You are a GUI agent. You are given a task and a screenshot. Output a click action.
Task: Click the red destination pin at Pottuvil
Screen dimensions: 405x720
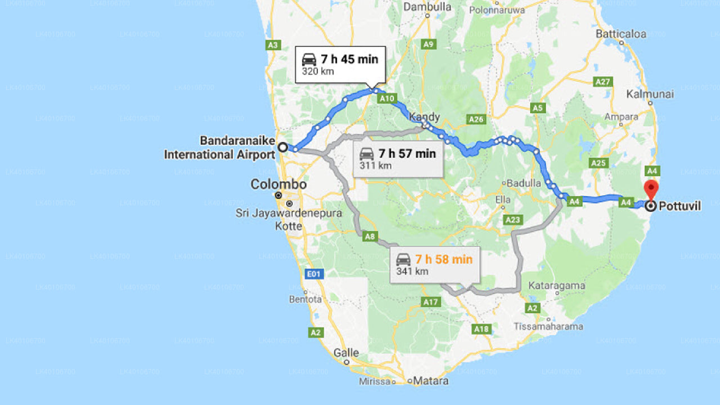click(651, 189)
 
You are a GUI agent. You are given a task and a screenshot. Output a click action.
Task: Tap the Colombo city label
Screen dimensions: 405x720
click(278, 184)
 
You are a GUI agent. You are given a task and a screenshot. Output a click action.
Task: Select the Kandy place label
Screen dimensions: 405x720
click(424, 117)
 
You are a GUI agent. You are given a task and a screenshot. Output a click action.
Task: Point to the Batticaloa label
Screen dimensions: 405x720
click(621, 34)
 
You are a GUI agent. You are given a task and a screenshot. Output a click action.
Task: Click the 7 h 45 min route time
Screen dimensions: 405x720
click(349, 59)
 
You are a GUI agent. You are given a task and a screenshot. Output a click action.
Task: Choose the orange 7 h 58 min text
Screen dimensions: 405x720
click(444, 259)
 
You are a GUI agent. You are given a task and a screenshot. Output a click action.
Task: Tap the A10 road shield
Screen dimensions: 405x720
click(387, 98)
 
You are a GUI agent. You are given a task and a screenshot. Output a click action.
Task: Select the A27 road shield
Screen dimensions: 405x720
click(602, 82)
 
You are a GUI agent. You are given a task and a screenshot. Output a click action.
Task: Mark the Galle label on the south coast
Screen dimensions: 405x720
click(346, 353)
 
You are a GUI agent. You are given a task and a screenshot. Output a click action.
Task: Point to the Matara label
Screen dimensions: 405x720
click(431, 381)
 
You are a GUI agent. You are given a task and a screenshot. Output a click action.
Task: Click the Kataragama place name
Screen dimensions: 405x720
click(557, 286)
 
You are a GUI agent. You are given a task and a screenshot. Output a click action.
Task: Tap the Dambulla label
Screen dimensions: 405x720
click(427, 7)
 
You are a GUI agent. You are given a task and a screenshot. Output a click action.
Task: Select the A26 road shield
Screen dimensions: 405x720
click(476, 119)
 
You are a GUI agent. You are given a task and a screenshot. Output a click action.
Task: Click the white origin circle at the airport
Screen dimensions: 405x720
click(283, 147)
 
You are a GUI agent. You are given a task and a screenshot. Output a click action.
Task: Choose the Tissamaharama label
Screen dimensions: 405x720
click(548, 326)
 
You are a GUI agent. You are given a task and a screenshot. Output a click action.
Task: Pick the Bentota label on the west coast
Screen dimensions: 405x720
click(305, 299)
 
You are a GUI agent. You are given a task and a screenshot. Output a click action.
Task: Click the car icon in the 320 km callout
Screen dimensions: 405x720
click(309, 60)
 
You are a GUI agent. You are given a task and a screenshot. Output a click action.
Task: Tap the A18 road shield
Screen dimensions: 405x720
click(481, 329)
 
